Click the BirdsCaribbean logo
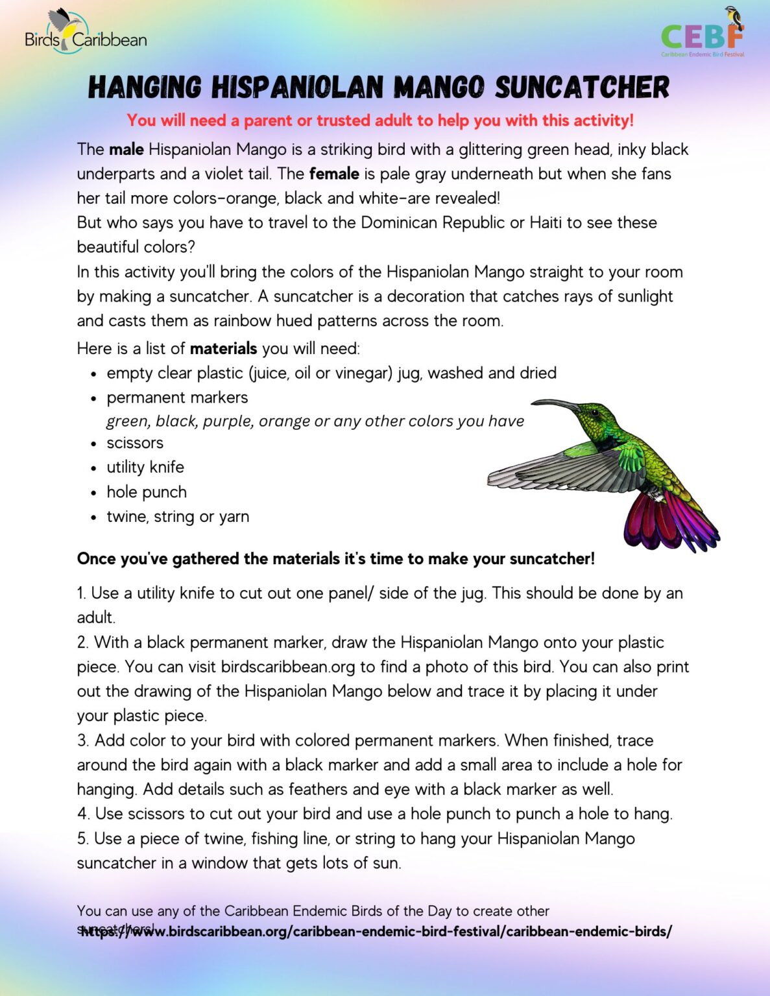(x=85, y=32)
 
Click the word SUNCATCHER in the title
(x=582, y=88)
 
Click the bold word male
(x=126, y=150)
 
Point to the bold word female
(x=334, y=174)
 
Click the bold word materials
(x=223, y=349)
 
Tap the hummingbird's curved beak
(x=555, y=405)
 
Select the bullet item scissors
(x=135, y=443)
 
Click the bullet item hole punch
(x=147, y=492)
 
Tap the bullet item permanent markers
(x=177, y=397)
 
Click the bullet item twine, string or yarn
(x=178, y=517)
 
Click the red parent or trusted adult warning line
(x=380, y=121)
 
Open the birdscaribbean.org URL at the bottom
(x=376, y=932)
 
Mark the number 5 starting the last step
(x=81, y=839)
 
